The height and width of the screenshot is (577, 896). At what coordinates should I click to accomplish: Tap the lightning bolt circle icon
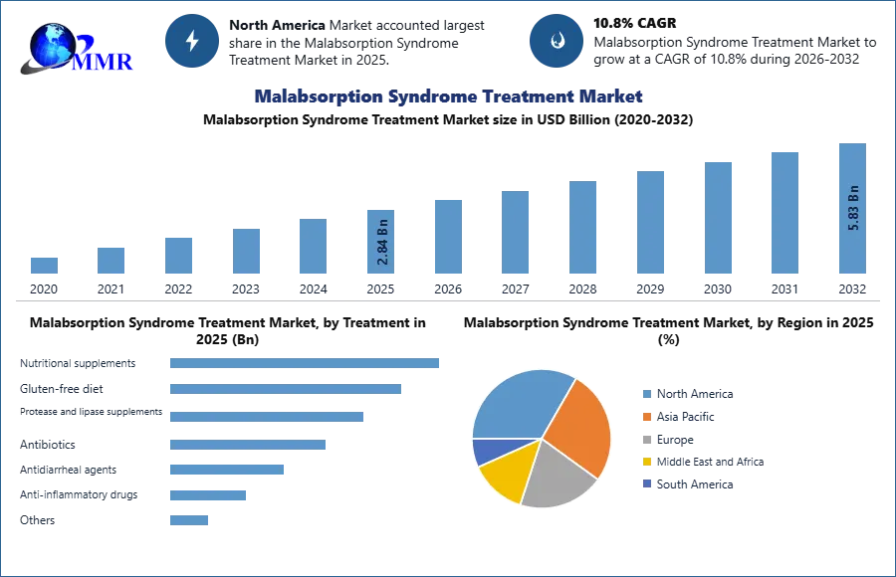tap(193, 41)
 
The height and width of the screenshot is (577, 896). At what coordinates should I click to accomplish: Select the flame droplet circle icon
tap(557, 41)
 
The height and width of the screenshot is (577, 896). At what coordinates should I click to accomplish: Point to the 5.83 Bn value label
tap(853, 207)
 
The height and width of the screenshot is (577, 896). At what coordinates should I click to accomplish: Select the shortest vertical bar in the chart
tap(44, 266)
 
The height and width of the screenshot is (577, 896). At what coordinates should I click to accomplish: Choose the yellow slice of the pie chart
tap(504, 476)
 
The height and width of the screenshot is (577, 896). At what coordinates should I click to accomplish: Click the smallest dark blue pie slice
tap(485, 451)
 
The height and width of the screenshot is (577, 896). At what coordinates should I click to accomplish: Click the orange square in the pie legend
tap(645, 416)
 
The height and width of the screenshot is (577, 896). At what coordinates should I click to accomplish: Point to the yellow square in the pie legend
tap(645, 463)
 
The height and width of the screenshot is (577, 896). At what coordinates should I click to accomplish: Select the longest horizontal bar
tap(306, 366)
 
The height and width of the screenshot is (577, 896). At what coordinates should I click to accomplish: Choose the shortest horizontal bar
tap(190, 517)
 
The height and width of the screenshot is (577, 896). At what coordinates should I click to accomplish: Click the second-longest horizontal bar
tap(286, 390)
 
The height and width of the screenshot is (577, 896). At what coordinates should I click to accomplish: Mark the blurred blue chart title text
tap(449, 96)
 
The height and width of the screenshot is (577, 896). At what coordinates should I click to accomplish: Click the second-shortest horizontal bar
tap(206, 493)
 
